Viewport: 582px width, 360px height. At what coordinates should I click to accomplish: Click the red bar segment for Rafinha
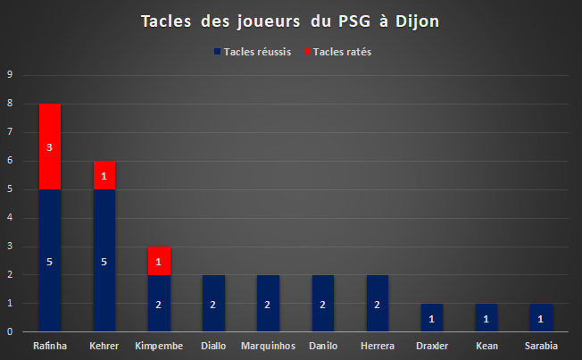pyautogui.click(x=50, y=147)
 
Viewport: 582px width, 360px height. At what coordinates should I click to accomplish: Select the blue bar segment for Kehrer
pyautogui.click(x=104, y=261)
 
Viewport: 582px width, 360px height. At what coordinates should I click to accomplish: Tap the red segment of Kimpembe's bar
pyautogui.click(x=159, y=261)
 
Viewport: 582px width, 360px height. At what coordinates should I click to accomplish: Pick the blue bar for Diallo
pyautogui.click(x=214, y=303)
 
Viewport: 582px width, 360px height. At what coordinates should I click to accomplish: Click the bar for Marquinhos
pyautogui.click(x=268, y=303)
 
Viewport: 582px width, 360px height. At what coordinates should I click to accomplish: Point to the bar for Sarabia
pyautogui.click(x=541, y=318)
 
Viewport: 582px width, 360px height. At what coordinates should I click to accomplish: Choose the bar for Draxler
pyautogui.click(x=432, y=318)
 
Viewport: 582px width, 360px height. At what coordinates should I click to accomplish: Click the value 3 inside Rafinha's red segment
pyautogui.click(x=49, y=147)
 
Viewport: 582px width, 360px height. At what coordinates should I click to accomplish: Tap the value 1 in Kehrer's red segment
pyautogui.click(x=104, y=176)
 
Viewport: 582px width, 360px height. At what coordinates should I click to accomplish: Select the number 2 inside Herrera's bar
pyautogui.click(x=377, y=305)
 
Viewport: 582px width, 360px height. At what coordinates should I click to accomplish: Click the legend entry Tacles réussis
pyautogui.click(x=253, y=52)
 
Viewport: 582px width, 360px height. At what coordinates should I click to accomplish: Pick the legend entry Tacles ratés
pyautogui.click(x=337, y=52)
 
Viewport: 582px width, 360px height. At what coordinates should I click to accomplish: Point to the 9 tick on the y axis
pyautogui.click(x=10, y=74)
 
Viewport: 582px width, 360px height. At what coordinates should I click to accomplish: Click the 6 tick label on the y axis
pyautogui.click(x=10, y=160)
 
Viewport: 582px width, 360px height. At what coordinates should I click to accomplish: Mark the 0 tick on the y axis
pyautogui.click(x=10, y=331)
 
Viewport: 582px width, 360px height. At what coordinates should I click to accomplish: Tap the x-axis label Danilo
pyautogui.click(x=323, y=346)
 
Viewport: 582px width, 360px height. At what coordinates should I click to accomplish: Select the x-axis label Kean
pyautogui.click(x=487, y=346)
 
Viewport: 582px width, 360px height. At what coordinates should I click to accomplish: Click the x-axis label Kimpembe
pyautogui.click(x=159, y=346)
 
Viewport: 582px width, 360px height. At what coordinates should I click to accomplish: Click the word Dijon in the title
pyautogui.click(x=418, y=21)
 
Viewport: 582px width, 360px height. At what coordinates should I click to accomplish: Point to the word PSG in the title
pyautogui.click(x=354, y=21)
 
